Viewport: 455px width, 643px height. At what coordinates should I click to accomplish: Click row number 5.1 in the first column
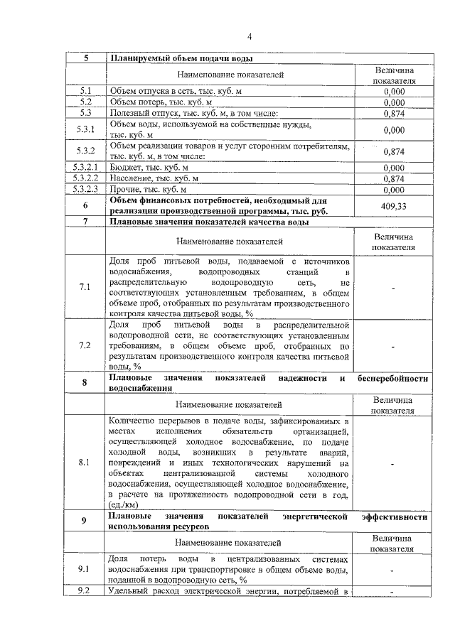pos(85,91)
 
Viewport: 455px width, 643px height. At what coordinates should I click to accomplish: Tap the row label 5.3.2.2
pos(85,178)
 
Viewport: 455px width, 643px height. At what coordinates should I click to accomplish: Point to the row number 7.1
pos(85,287)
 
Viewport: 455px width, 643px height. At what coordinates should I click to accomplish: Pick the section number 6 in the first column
pos(85,205)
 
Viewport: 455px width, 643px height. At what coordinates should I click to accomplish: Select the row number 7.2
pos(85,345)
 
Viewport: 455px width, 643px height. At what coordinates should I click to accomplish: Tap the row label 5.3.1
pos(85,129)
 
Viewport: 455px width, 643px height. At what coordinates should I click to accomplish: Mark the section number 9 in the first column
pos(85,522)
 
